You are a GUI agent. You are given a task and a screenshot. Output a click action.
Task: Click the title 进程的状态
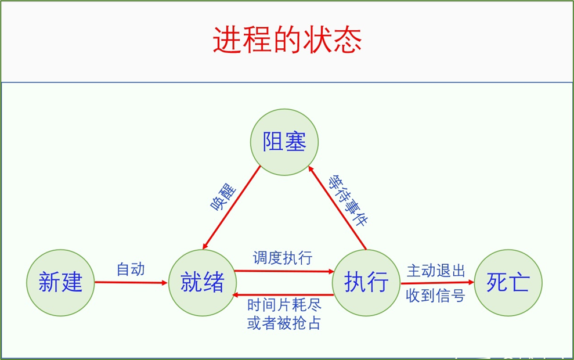pyautogui.click(x=287, y=40)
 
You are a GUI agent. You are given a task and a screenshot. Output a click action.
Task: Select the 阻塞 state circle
pyautogui.click(x=284, y=142)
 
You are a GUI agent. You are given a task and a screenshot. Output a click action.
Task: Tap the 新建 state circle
pyautogui.click(x=60, y=282)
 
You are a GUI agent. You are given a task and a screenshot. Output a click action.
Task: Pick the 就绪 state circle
pyautogui.click(x=203, y=283)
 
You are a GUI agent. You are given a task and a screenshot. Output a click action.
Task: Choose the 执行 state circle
pyautogui.click(x=366, y=283)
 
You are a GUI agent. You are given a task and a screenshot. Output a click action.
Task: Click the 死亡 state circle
pyautogui.click(x=508, y=283)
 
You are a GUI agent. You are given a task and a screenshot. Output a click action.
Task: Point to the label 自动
pyautogui.click(x=131, y=269)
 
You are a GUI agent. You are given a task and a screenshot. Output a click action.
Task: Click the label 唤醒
pyautogui.click(x=223, y=197)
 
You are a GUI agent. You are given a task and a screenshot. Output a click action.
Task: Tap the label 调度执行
pyautogui.click(x=283, y=258)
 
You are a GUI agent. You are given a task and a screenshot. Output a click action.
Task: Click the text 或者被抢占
pyautogui.click(x=284, y=323)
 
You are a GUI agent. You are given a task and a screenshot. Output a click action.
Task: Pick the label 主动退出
pyautogui.click(x=436, y=271)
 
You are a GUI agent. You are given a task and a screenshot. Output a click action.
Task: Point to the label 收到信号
pyautogui.click(x=436, y=296)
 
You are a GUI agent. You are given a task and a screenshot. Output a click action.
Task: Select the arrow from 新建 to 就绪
pyautogui.click(x=131, y=283)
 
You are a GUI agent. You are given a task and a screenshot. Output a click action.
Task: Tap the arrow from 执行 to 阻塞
pyautogui.click(x=338, y=207)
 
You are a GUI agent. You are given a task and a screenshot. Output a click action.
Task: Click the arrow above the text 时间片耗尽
pyautogui.click(x=283, y=295)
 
